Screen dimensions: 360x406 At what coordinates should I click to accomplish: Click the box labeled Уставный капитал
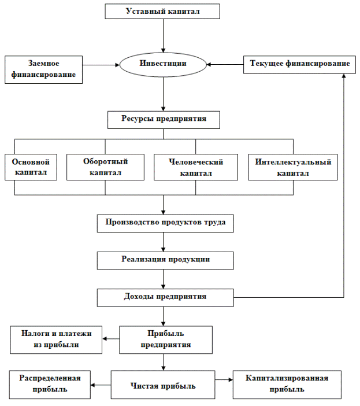(x=162, y=12)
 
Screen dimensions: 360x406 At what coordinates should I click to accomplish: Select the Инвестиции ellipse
(x=163, y=65)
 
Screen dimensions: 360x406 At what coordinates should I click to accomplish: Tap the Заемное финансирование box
(x=44, y=69)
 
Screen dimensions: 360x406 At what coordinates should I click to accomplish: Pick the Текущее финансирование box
(x=299, y=64)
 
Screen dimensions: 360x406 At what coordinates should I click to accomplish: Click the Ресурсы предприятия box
(x=164, y=120)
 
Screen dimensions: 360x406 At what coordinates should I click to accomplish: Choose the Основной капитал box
(x=31, y=167)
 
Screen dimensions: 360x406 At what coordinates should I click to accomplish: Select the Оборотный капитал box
(x=106, y=167)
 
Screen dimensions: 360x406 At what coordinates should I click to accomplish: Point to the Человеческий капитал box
(x=196, y=167)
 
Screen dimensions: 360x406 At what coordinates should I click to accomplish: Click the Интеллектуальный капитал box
(x=293, y=167)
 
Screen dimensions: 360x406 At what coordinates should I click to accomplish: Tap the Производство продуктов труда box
(x=165, y=223)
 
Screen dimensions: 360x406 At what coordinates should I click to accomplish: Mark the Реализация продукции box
(x=165, y=260)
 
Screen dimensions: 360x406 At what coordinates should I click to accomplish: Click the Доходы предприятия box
(x=165, y=298)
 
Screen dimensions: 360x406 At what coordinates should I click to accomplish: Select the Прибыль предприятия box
(x=166, y=339)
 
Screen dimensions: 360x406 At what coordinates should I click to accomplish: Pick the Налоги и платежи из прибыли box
(x=56, y=339)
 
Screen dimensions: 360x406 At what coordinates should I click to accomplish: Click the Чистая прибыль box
(x=163, y=385)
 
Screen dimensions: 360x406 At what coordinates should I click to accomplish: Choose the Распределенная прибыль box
(x=50, y=385)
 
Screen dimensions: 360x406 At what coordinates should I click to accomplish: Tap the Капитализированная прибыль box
(x=287, y=385)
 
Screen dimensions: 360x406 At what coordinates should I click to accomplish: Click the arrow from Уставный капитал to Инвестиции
(x=163, y=36)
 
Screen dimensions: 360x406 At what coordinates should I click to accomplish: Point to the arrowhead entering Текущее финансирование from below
(x=344, y=76)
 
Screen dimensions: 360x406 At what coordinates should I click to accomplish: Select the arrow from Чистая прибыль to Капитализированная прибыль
(x=224, y=380)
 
